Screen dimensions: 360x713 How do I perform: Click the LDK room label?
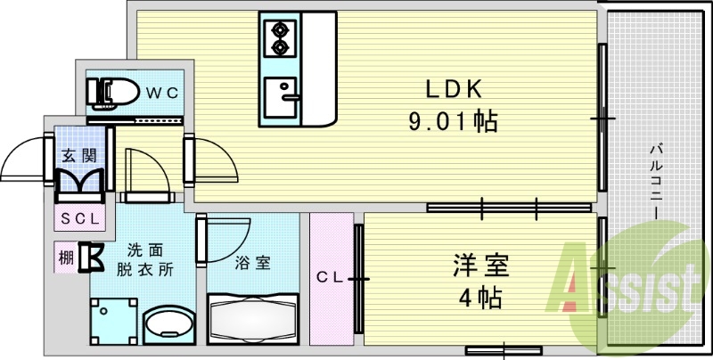[x=452, y=88]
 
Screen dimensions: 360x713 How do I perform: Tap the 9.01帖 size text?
[x=452, y=120]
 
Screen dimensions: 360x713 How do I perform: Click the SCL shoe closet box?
[x=81, y=217]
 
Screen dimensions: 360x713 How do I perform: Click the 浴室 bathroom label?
[x=248, y=264]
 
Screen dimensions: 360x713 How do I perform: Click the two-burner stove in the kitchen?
[x=280, y=37]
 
